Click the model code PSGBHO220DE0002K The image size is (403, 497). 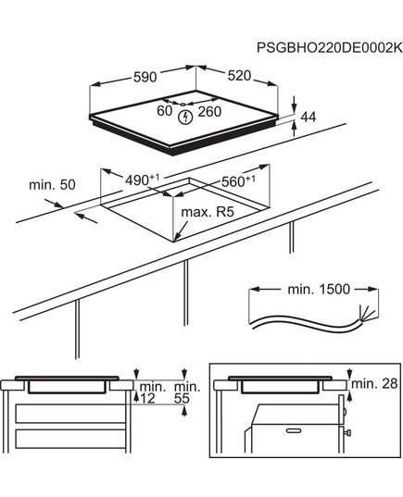coord(330,48)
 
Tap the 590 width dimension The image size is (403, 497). coord(145,77)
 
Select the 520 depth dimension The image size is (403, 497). coord(239,76)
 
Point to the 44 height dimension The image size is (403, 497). coord(309,118)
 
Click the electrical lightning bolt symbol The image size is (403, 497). coord(185,118)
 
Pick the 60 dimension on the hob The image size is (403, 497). coord(165,111)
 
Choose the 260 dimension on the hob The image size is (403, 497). coord(209,112)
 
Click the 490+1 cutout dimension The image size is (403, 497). coord(142,180)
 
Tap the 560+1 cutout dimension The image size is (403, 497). coord(238,181)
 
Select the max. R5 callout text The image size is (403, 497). coord(208,212)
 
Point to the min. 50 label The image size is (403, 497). coord(52,185)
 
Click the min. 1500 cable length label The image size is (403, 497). coord(319,289)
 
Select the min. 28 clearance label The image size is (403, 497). coord(374,383)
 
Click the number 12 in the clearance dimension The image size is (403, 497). coord(147,398)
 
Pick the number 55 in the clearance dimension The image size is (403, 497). coord(182,398)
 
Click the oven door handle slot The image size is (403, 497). coord(296,430)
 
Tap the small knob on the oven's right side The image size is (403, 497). coord(348,432)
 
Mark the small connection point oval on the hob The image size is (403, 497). coord(183,104)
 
